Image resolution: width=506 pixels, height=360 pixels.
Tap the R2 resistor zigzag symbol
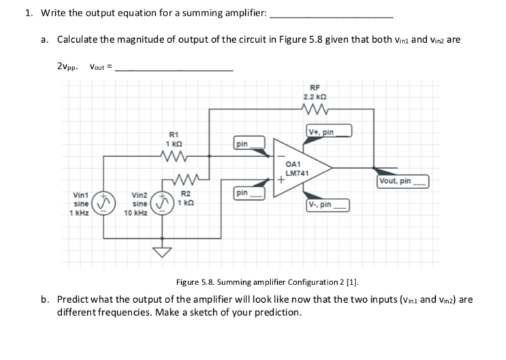click(175, 181)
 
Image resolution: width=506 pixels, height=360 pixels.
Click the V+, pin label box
click(330, 131)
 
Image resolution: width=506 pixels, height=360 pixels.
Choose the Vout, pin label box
click(403, 181)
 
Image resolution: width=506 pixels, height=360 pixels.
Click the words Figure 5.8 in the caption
click(195, 282)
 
